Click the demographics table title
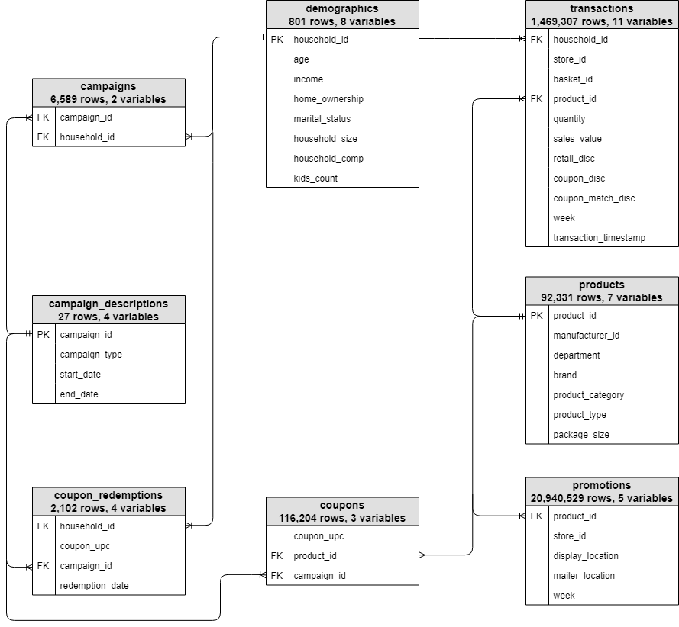click(342, 9)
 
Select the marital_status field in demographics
click(322, 119)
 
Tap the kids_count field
click(315, 178)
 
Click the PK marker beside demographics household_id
click(276, 40)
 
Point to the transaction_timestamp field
click(599, 238)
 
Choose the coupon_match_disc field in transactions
click(593, 198)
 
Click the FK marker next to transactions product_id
click(537, 99)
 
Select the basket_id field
click(572, 79)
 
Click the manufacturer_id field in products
click(586, 336)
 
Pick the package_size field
click(580, 435)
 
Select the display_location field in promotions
click(586, 556)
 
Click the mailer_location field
click(584, 576)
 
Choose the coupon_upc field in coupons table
click(318, 536)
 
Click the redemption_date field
click(94, 586)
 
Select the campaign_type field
click(91, 355)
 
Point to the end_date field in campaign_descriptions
click(79, 394)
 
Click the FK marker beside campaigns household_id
click(43, 137)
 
